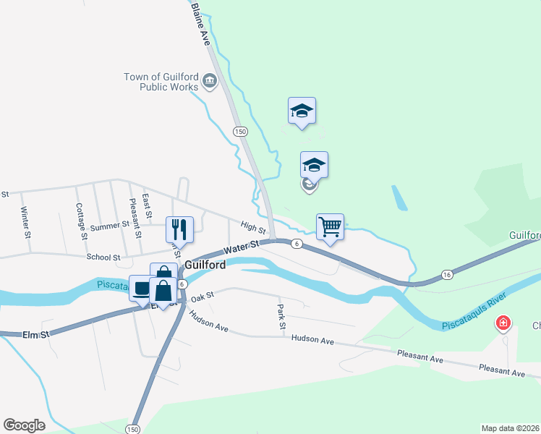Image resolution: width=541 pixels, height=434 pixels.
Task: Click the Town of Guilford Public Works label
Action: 161,82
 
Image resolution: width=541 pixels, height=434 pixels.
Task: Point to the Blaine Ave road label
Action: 200,25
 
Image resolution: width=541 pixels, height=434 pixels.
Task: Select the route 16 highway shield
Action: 447,275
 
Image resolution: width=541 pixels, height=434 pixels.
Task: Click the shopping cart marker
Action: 330,227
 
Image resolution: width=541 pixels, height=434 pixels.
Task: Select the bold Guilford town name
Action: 205,265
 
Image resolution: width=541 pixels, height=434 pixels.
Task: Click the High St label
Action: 250,228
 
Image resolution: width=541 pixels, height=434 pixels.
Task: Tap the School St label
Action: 103,257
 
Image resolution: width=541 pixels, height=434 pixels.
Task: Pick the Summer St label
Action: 109,226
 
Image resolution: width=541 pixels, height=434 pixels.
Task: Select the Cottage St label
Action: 81,221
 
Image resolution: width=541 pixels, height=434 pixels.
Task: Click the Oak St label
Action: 204,296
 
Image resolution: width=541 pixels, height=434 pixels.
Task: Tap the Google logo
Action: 24,425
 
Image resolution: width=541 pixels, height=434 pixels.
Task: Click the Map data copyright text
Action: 511,427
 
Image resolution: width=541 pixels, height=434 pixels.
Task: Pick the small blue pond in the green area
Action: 399,198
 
